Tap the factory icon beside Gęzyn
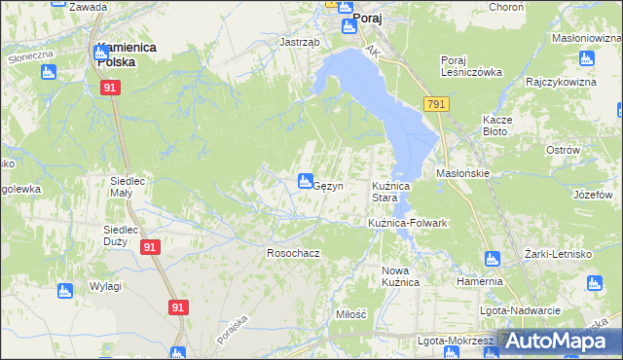click(305, 180)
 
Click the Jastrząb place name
click(298, 43)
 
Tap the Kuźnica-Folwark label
click(407, 223)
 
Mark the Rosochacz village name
click(294, 253)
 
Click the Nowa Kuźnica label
click(400, 275)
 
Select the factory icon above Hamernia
click(492, 259)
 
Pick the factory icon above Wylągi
click(65, 290)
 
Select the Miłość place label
click(350, 314)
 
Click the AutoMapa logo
click(558, 342)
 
